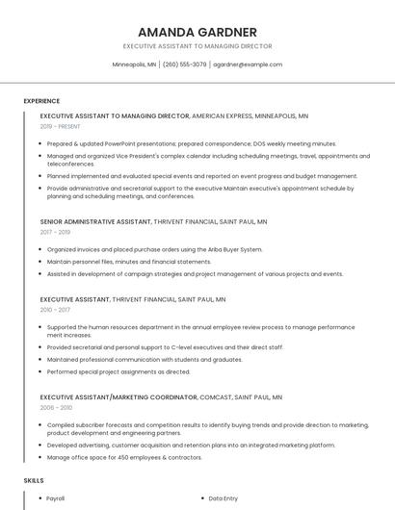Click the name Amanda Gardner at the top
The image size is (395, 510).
197,31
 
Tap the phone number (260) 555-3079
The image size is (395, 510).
184,64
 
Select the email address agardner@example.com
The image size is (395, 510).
248,64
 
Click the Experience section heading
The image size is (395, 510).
41,101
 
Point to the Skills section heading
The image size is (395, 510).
34,479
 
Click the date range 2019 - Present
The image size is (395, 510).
61,126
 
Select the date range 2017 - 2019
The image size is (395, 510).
55,232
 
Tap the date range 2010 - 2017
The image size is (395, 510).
55,310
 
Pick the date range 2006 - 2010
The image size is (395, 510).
55,407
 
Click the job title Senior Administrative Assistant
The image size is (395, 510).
95,221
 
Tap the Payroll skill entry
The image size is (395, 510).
56,498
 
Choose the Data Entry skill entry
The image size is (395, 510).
224,498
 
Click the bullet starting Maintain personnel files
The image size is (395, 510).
128,262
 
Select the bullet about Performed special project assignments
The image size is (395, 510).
118,371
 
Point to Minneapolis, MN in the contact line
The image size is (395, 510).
134,64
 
